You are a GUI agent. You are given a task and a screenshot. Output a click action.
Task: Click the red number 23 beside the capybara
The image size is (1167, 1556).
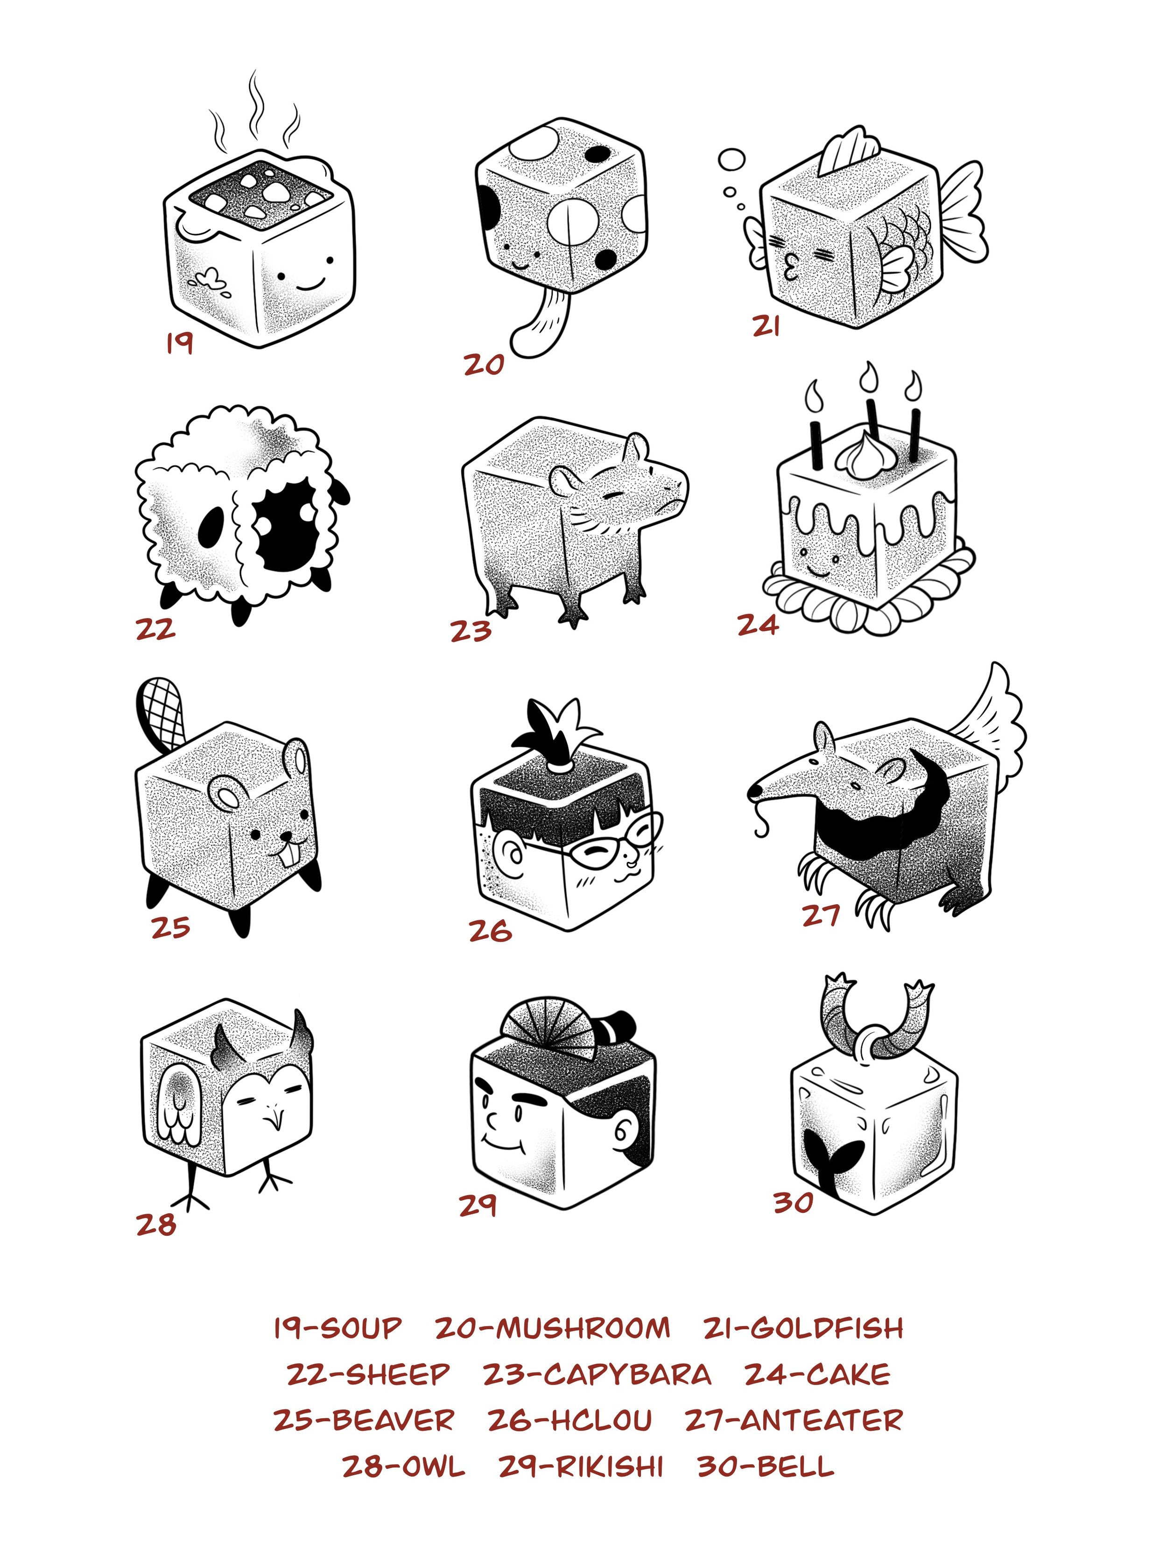tap(471, 631)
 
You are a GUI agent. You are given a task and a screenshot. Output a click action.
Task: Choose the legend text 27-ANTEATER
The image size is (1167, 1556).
tap(794, 1420)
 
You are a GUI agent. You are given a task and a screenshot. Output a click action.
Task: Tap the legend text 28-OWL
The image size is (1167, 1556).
tap(403, 1467)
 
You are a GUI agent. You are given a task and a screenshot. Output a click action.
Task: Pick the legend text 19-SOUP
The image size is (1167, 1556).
tap(337, 1328)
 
